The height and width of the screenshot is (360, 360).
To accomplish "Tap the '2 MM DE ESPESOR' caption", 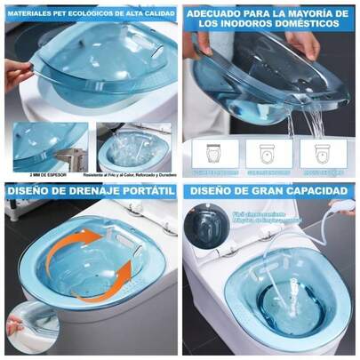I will [x=36, y=175].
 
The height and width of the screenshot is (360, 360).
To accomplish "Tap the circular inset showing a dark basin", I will [x=203, y=221].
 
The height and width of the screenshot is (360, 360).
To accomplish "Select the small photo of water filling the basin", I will [x=133, y=147].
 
